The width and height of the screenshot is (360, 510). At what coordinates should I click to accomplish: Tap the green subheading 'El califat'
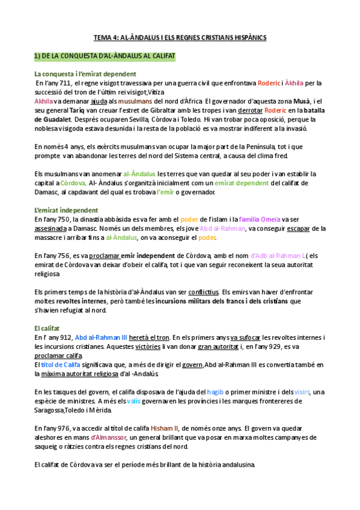click(x=47, y=328)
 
